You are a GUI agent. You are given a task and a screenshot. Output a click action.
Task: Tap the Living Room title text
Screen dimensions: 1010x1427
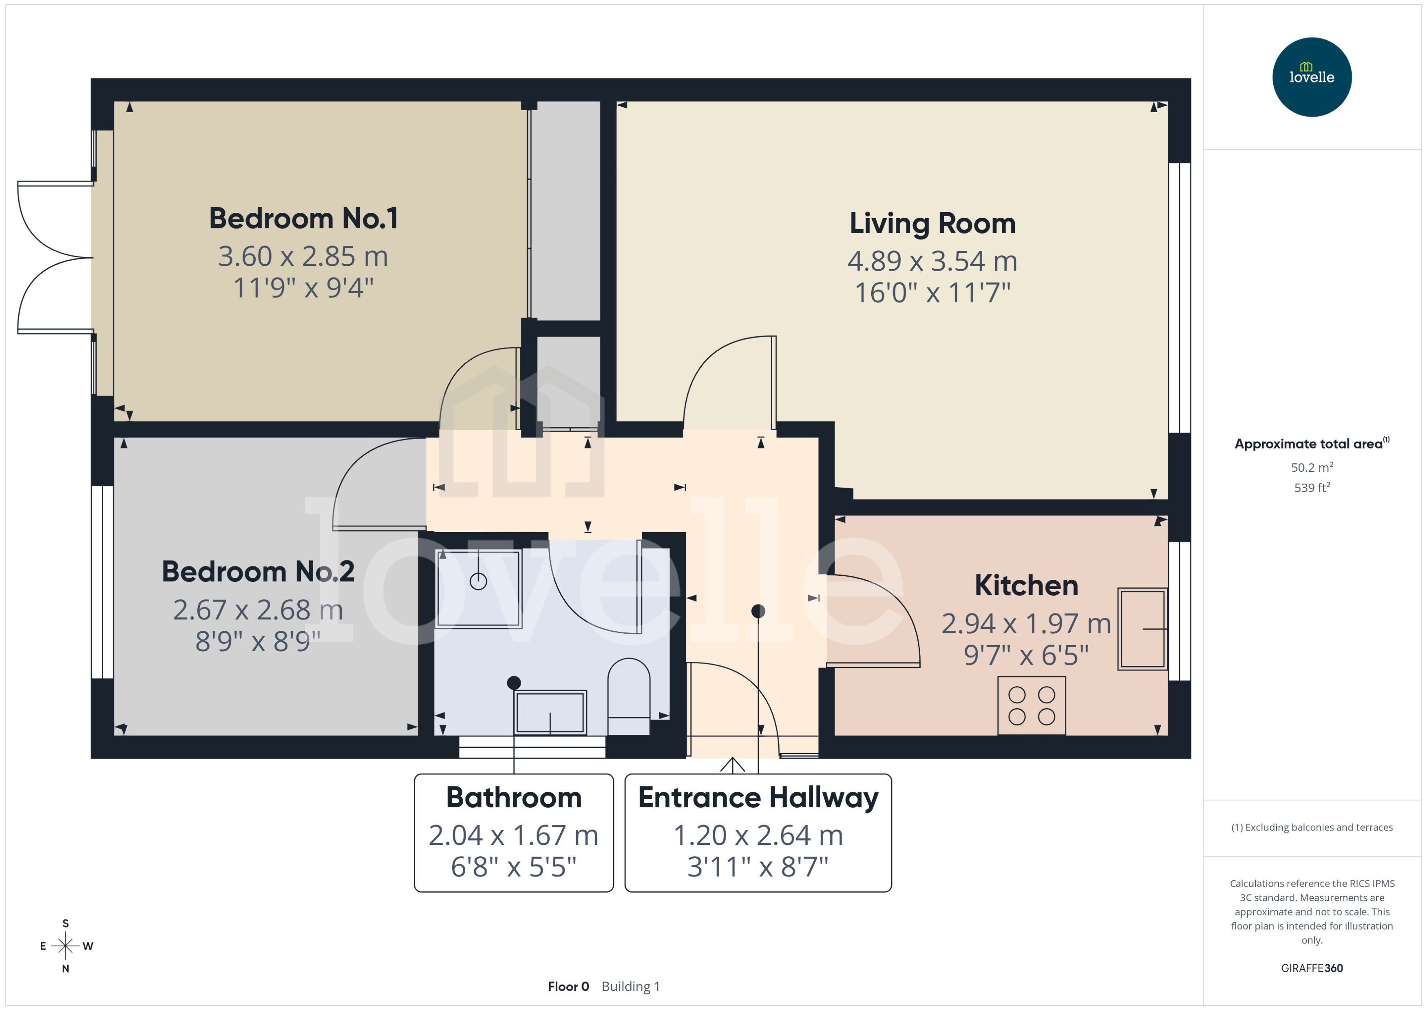coord(932,223)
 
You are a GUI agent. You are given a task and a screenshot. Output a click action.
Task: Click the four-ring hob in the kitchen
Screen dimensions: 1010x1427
coord(1032,705)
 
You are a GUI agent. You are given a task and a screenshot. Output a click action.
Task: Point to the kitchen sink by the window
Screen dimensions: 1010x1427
coord(1142,629)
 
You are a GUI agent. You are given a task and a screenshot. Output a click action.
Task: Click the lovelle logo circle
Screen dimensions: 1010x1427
coord(1311,77)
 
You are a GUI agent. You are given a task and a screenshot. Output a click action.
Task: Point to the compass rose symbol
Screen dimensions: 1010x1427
coord(65,946)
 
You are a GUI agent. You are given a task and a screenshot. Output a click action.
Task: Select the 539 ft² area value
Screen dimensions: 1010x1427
coord(1311,488)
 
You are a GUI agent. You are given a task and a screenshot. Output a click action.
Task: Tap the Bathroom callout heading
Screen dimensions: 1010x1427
coord(514,798)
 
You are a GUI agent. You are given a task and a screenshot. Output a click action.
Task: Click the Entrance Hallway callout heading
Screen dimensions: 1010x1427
coord(758,798)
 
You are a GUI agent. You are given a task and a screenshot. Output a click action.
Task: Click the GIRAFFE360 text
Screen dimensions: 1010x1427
coord(1311,968)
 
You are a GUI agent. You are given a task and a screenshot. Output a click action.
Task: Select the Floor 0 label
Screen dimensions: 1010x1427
coord(568,986)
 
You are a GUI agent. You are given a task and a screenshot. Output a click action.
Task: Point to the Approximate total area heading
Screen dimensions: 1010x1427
coord(1309,444)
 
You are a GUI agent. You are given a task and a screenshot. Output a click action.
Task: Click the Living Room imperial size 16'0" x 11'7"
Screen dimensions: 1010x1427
coord(932,293)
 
